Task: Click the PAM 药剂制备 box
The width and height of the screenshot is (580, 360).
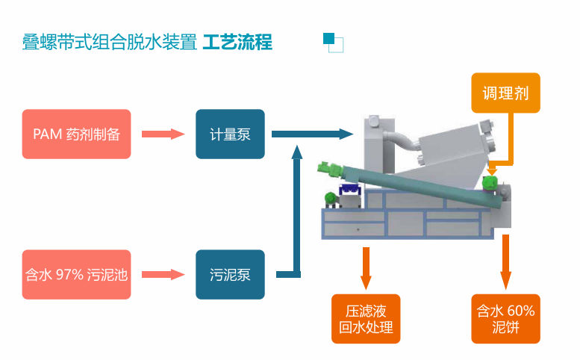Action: coord(76,134)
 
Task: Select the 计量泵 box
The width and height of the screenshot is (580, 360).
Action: coord(230,134)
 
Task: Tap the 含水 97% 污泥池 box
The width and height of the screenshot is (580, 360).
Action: coord(76,274)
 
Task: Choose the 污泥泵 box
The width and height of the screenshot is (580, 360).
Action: coord(230,274)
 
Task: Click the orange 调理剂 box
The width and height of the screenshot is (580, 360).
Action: coord(505,93)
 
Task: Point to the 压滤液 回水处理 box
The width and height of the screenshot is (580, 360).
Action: coord(366,319)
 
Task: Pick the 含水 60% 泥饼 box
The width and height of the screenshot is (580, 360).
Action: coord(505,319)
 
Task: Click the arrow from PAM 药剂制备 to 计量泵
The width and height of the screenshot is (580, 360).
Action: coord(163,134)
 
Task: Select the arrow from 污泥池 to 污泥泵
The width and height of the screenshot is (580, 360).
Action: coord(163,274)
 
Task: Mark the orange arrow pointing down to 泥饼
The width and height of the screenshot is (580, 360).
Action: coord(506,261)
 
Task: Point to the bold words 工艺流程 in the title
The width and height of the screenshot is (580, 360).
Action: coord(237,42)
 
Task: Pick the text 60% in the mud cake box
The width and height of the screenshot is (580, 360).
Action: coord(521,311)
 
